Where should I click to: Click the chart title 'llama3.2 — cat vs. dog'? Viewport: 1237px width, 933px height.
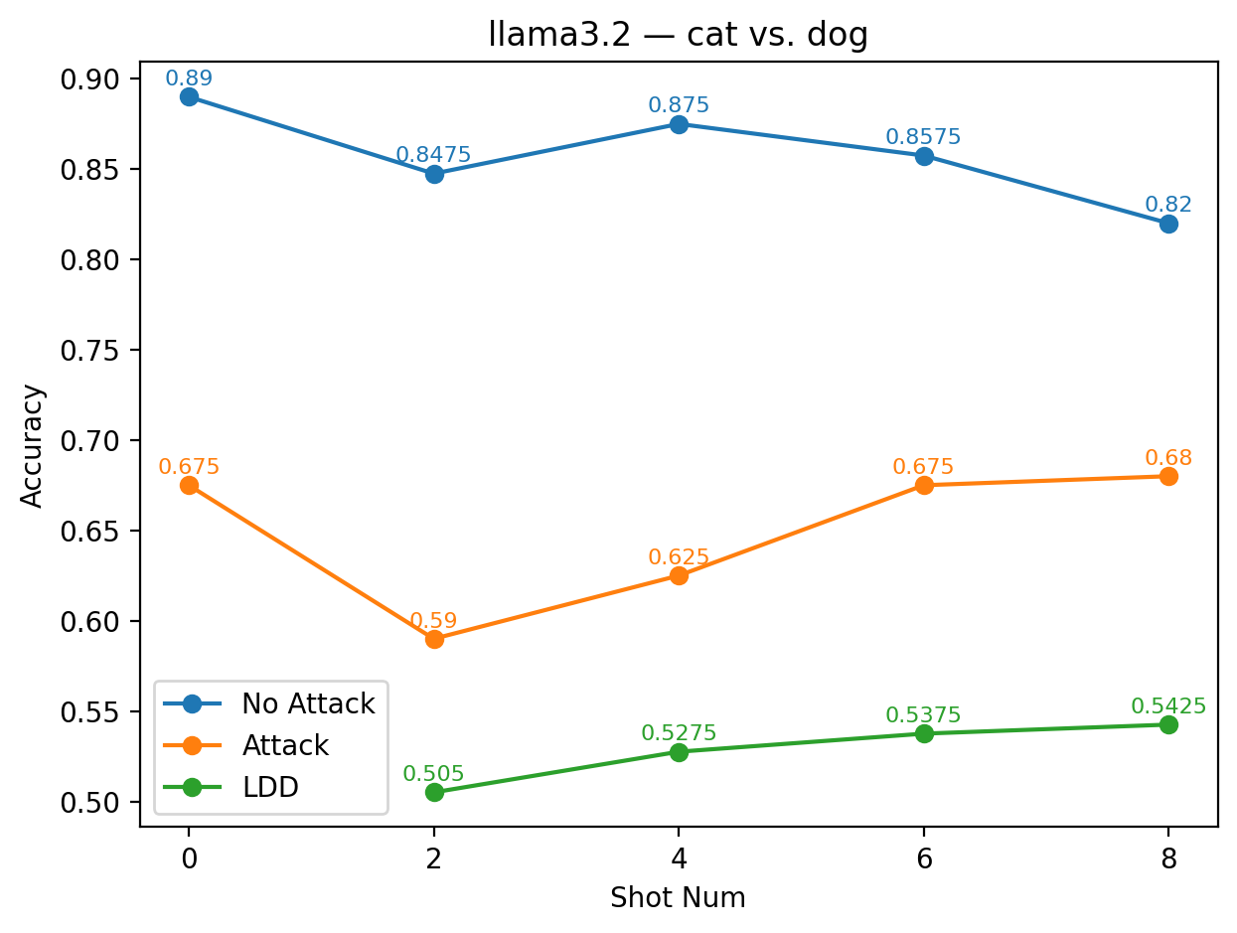[x=679, y=35]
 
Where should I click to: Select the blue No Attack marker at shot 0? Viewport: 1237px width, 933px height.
[x=189, y=96]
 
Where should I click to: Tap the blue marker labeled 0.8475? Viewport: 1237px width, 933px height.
[x=434, y=174]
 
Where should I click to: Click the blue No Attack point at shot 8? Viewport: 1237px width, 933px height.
[x=1168, y=224]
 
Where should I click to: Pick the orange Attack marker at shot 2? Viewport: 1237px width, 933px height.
[x=434, y=639]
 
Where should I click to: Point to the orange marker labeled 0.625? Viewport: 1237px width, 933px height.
[x=679, y=575]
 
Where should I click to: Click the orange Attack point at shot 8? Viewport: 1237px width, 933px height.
[x=1168, y=476]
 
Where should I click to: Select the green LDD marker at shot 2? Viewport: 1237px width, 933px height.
[x=434, y=792]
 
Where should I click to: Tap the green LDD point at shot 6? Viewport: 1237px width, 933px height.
[x=924, y=733]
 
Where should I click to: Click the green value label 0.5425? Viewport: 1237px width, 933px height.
[x=1168, y=706]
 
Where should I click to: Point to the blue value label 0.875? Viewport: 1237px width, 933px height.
[x=679, y=105]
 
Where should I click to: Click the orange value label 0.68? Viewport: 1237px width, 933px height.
[x=1168, y=458]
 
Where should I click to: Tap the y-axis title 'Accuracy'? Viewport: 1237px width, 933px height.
[x=33, y=445]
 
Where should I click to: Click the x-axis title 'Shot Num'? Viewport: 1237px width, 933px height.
[x=679, y=898]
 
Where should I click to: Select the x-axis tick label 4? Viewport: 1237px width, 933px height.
[x=679, y=858]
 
